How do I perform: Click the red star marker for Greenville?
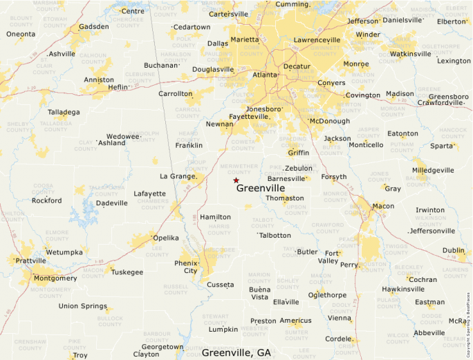click(x=236, y=180)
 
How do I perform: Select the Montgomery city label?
click(x=55, y=278)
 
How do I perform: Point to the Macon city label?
click(x=383, y=206)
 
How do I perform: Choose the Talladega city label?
click(x=64, y=112)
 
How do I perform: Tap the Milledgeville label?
click(x=433, y=170)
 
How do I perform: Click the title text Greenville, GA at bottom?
click(x=236, y=352)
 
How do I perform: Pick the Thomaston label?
click(x=284, y=198)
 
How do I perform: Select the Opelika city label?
click(x=165, y=238)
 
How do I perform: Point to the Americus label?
click(x=295, y=321)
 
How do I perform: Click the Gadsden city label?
click(x=93, y=27)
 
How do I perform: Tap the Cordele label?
click(x=339, y=339)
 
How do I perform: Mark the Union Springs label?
click(x=83, y=306)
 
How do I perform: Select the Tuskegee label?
click(x=127, y=272)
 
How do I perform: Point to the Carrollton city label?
click(x=175, y=94)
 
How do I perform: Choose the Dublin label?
click(x=454, y=251)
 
